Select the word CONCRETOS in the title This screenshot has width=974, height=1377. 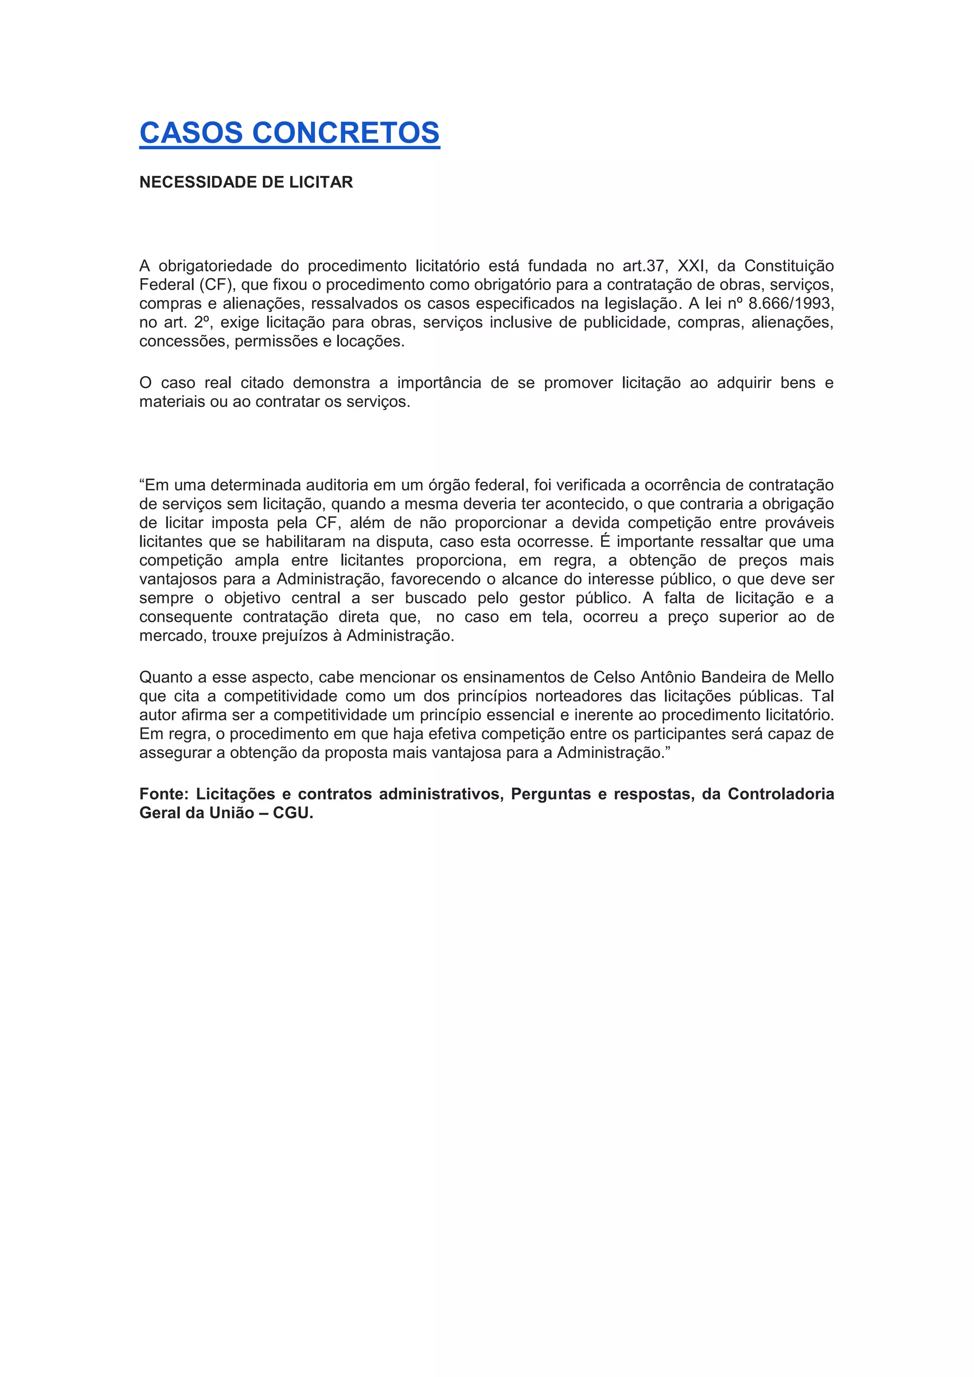346,133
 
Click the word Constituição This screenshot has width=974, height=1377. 789,266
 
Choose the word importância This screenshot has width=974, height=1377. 439,383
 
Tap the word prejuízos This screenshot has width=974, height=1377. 294,636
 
